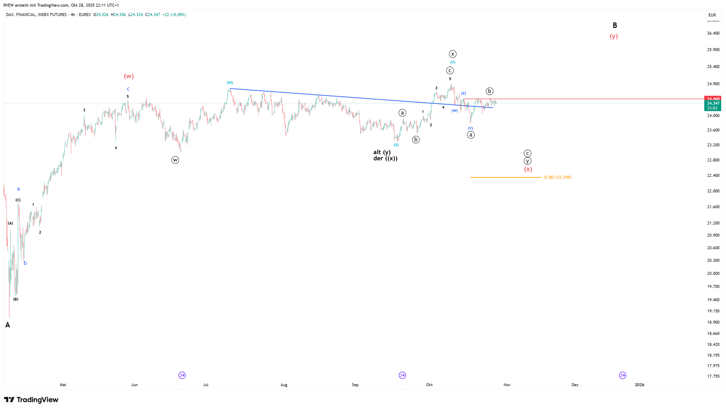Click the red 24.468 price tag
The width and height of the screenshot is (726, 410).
[713, 99]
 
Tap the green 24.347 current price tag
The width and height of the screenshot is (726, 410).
[713, 103]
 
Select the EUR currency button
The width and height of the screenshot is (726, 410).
[712, 15]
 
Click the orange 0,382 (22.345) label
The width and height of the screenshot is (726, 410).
[558, 177]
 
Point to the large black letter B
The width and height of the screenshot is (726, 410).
[615, 26]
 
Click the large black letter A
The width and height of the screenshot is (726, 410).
[8, 325]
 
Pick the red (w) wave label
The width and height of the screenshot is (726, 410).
[129, 76]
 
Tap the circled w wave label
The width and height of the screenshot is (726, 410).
[175, 160]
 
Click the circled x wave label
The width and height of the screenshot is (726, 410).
[452, 54]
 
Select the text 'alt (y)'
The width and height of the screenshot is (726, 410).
[382, 152]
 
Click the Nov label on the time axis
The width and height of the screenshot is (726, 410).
[507, 385]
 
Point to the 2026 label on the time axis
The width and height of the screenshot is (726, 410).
[639, 385]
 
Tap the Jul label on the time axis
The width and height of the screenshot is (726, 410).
[206, 385]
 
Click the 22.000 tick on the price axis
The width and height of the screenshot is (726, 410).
[713, 191]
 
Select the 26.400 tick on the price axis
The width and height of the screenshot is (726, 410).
[713, 33]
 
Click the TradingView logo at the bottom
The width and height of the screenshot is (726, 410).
[31, 400]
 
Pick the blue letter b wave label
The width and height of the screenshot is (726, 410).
[25, 263]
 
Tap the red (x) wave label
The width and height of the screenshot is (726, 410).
[528, 169]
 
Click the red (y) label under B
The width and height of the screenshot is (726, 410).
[614, 36]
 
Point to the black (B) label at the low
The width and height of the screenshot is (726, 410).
[16, 299]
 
